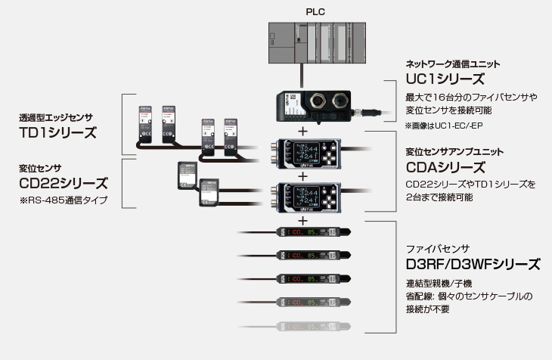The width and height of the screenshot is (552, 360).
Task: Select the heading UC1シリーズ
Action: tap(445, 79)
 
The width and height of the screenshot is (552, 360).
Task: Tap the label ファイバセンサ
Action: tap(438, 249)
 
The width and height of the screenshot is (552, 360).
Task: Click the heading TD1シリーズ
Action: tap(58, 132)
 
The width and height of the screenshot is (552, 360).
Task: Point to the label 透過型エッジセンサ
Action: tap(56, 118)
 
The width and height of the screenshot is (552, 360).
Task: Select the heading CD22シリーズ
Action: tap(64, 183)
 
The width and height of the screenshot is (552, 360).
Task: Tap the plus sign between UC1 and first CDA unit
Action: tap(303, 131)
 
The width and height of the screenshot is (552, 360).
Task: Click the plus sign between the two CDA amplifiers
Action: tap(303, 175)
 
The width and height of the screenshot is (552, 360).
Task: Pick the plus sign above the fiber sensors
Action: tap(303, 221)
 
